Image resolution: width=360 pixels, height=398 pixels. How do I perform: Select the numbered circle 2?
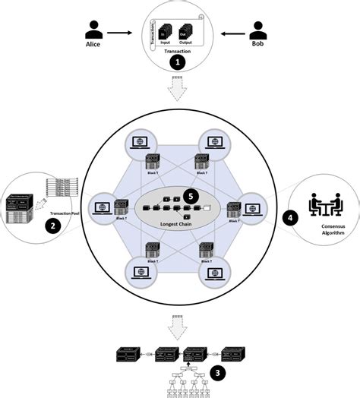(52, 226)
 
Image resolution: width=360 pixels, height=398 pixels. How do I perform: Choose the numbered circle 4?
(288, 216)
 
